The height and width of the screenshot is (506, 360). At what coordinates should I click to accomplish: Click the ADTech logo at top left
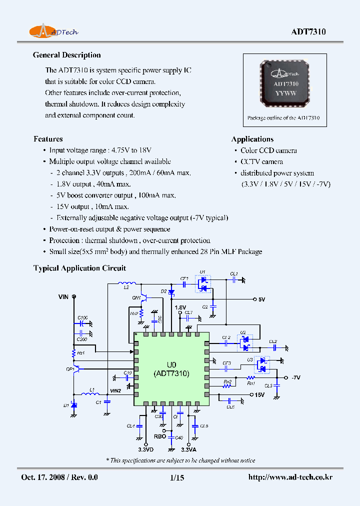point(53,31)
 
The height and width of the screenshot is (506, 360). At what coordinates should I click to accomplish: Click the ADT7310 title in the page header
point(308,32)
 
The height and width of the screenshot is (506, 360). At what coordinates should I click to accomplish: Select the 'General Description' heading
point(66,55)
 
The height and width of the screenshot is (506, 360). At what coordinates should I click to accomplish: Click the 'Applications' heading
point(252,139)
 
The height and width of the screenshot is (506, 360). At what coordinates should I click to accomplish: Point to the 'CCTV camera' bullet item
point(261,161)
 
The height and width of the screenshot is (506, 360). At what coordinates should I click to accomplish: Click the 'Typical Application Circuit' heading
point(79,268)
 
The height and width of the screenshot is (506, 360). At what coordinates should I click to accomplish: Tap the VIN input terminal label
point(63,297)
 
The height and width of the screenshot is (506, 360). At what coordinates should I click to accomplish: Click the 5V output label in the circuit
point(261,299)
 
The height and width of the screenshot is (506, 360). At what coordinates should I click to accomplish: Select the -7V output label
point(295,377)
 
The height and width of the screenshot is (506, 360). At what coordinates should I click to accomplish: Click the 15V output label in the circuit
point(259,395)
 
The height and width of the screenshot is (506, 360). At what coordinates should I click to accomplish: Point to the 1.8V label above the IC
point(180,307)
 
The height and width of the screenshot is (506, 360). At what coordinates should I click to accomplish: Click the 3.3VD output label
point(145,449)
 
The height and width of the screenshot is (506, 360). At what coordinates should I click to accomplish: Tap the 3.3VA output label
point(188,449)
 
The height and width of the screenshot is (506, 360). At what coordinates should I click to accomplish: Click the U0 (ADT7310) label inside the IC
point(171,369)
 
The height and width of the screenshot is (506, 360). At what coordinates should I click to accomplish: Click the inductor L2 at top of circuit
point(125,284)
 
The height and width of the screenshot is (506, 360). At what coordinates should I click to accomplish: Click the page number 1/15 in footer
point(177,477)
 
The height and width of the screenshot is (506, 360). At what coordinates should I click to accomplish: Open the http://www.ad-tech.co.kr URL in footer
point(290,477)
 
